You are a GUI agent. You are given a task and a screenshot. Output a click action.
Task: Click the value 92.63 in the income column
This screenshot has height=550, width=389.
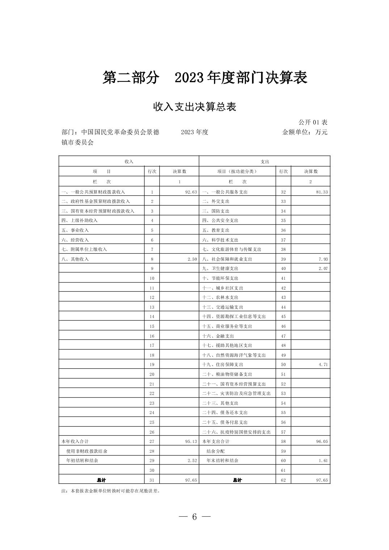pos(191,192)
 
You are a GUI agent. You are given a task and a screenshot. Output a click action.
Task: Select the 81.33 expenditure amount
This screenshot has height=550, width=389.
pos(322,192)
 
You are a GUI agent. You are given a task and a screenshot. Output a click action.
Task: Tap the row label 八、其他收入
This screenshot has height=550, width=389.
pos(75,259)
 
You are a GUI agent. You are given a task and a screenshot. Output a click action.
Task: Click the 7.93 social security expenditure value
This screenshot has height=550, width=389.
pos(323,259)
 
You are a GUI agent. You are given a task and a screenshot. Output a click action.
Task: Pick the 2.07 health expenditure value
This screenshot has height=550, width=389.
pos(323,268)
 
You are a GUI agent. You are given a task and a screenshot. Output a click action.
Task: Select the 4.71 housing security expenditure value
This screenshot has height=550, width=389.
pos(323,364)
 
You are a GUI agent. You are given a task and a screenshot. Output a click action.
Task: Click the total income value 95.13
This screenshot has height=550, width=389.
pos(191,441)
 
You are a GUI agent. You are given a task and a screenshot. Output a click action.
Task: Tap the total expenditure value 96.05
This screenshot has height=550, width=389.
pos(322,441)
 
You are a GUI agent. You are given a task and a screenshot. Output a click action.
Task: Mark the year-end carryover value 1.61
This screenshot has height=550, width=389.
pos(323,461)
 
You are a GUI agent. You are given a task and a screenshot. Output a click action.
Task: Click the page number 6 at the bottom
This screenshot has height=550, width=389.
pos(194,517)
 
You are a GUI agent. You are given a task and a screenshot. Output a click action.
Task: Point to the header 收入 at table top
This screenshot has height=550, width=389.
pos(129,161)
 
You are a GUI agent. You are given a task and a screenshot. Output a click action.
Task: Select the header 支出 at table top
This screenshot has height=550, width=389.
pos(265,161)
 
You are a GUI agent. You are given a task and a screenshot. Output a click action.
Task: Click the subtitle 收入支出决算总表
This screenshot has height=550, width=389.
pos(194,107)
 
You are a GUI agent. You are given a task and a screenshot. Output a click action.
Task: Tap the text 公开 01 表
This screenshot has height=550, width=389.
pos(313,122)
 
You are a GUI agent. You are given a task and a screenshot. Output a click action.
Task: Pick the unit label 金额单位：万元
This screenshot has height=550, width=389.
pos(305,132)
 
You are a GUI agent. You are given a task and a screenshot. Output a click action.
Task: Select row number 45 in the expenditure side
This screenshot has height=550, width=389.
pos(283,317)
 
